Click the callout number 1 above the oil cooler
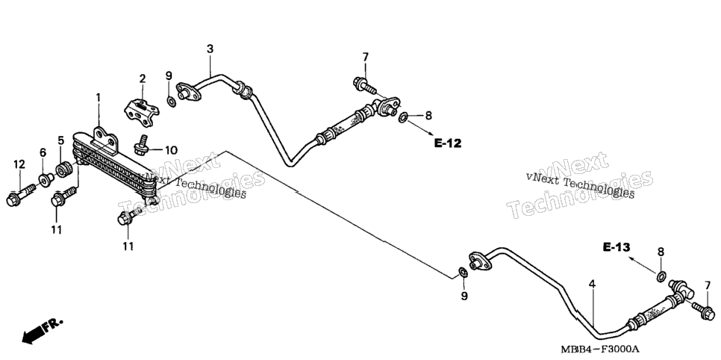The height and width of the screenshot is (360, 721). [98, 98]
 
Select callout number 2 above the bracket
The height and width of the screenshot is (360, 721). [143, 78]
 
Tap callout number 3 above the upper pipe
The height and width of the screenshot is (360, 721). [210, 49]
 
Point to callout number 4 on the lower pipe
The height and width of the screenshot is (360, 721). [593, 284]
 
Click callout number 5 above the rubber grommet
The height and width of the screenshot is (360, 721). [60, 140]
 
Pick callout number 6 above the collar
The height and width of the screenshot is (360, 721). [43, 152]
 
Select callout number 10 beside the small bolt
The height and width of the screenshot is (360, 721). [171, 150]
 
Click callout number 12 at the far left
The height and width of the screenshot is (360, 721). [19, 164]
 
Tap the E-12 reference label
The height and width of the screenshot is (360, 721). [448, 143]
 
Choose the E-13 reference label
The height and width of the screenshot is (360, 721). [617, 248]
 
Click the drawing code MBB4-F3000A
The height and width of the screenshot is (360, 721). [600, 349]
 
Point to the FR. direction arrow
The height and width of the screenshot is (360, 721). [41, 332]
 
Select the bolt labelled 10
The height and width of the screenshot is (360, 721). [142, 145]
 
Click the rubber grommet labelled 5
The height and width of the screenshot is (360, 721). [64, 169]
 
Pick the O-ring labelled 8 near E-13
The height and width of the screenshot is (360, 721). [661, 276]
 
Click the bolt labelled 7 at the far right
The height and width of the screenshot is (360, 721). [703, 311]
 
